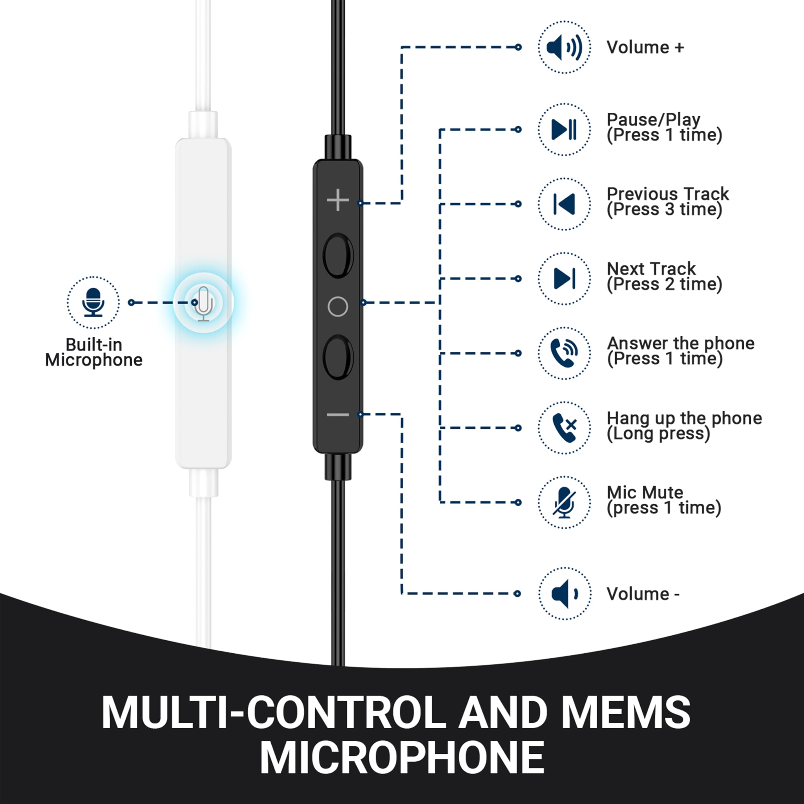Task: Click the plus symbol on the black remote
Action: click(338, 200)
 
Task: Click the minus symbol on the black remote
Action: click(338, 415)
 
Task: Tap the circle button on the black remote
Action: click(338, 307)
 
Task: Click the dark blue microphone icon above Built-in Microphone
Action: click(93, 302)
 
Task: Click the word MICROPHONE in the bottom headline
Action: click(402, 758)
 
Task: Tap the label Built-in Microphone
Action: click(94, 352)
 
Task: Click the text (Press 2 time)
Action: click(664, 284)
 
